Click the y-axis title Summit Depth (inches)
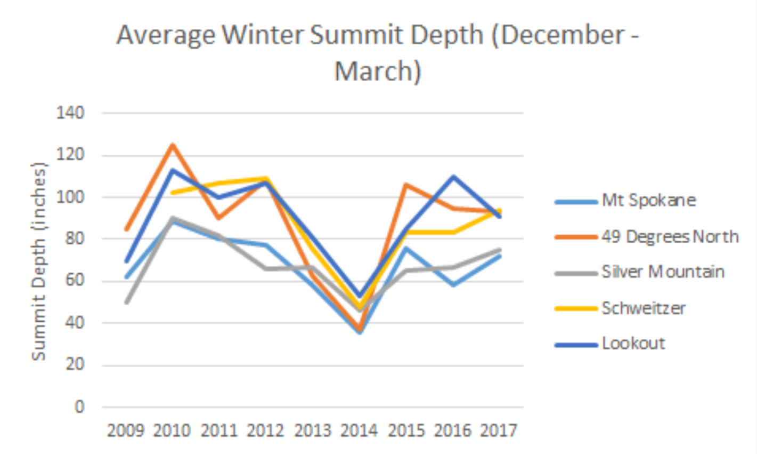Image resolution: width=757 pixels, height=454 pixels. (39, 261)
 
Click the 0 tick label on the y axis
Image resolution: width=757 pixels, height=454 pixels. (79, 407)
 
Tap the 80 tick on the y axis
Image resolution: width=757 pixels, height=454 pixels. (75, 239)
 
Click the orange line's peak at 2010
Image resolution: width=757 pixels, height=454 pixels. (173, 145)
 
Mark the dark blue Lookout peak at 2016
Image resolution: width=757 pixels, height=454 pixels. (453, 176)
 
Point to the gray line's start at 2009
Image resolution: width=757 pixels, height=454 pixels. (126, 302)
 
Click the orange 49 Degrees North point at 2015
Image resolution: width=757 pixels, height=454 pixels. (406, 185)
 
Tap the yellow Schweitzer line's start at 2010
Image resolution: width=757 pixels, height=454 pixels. (173, 193)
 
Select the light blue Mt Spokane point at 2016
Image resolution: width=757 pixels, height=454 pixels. (453, 285)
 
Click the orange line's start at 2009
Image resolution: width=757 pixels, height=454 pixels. (126, 230)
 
